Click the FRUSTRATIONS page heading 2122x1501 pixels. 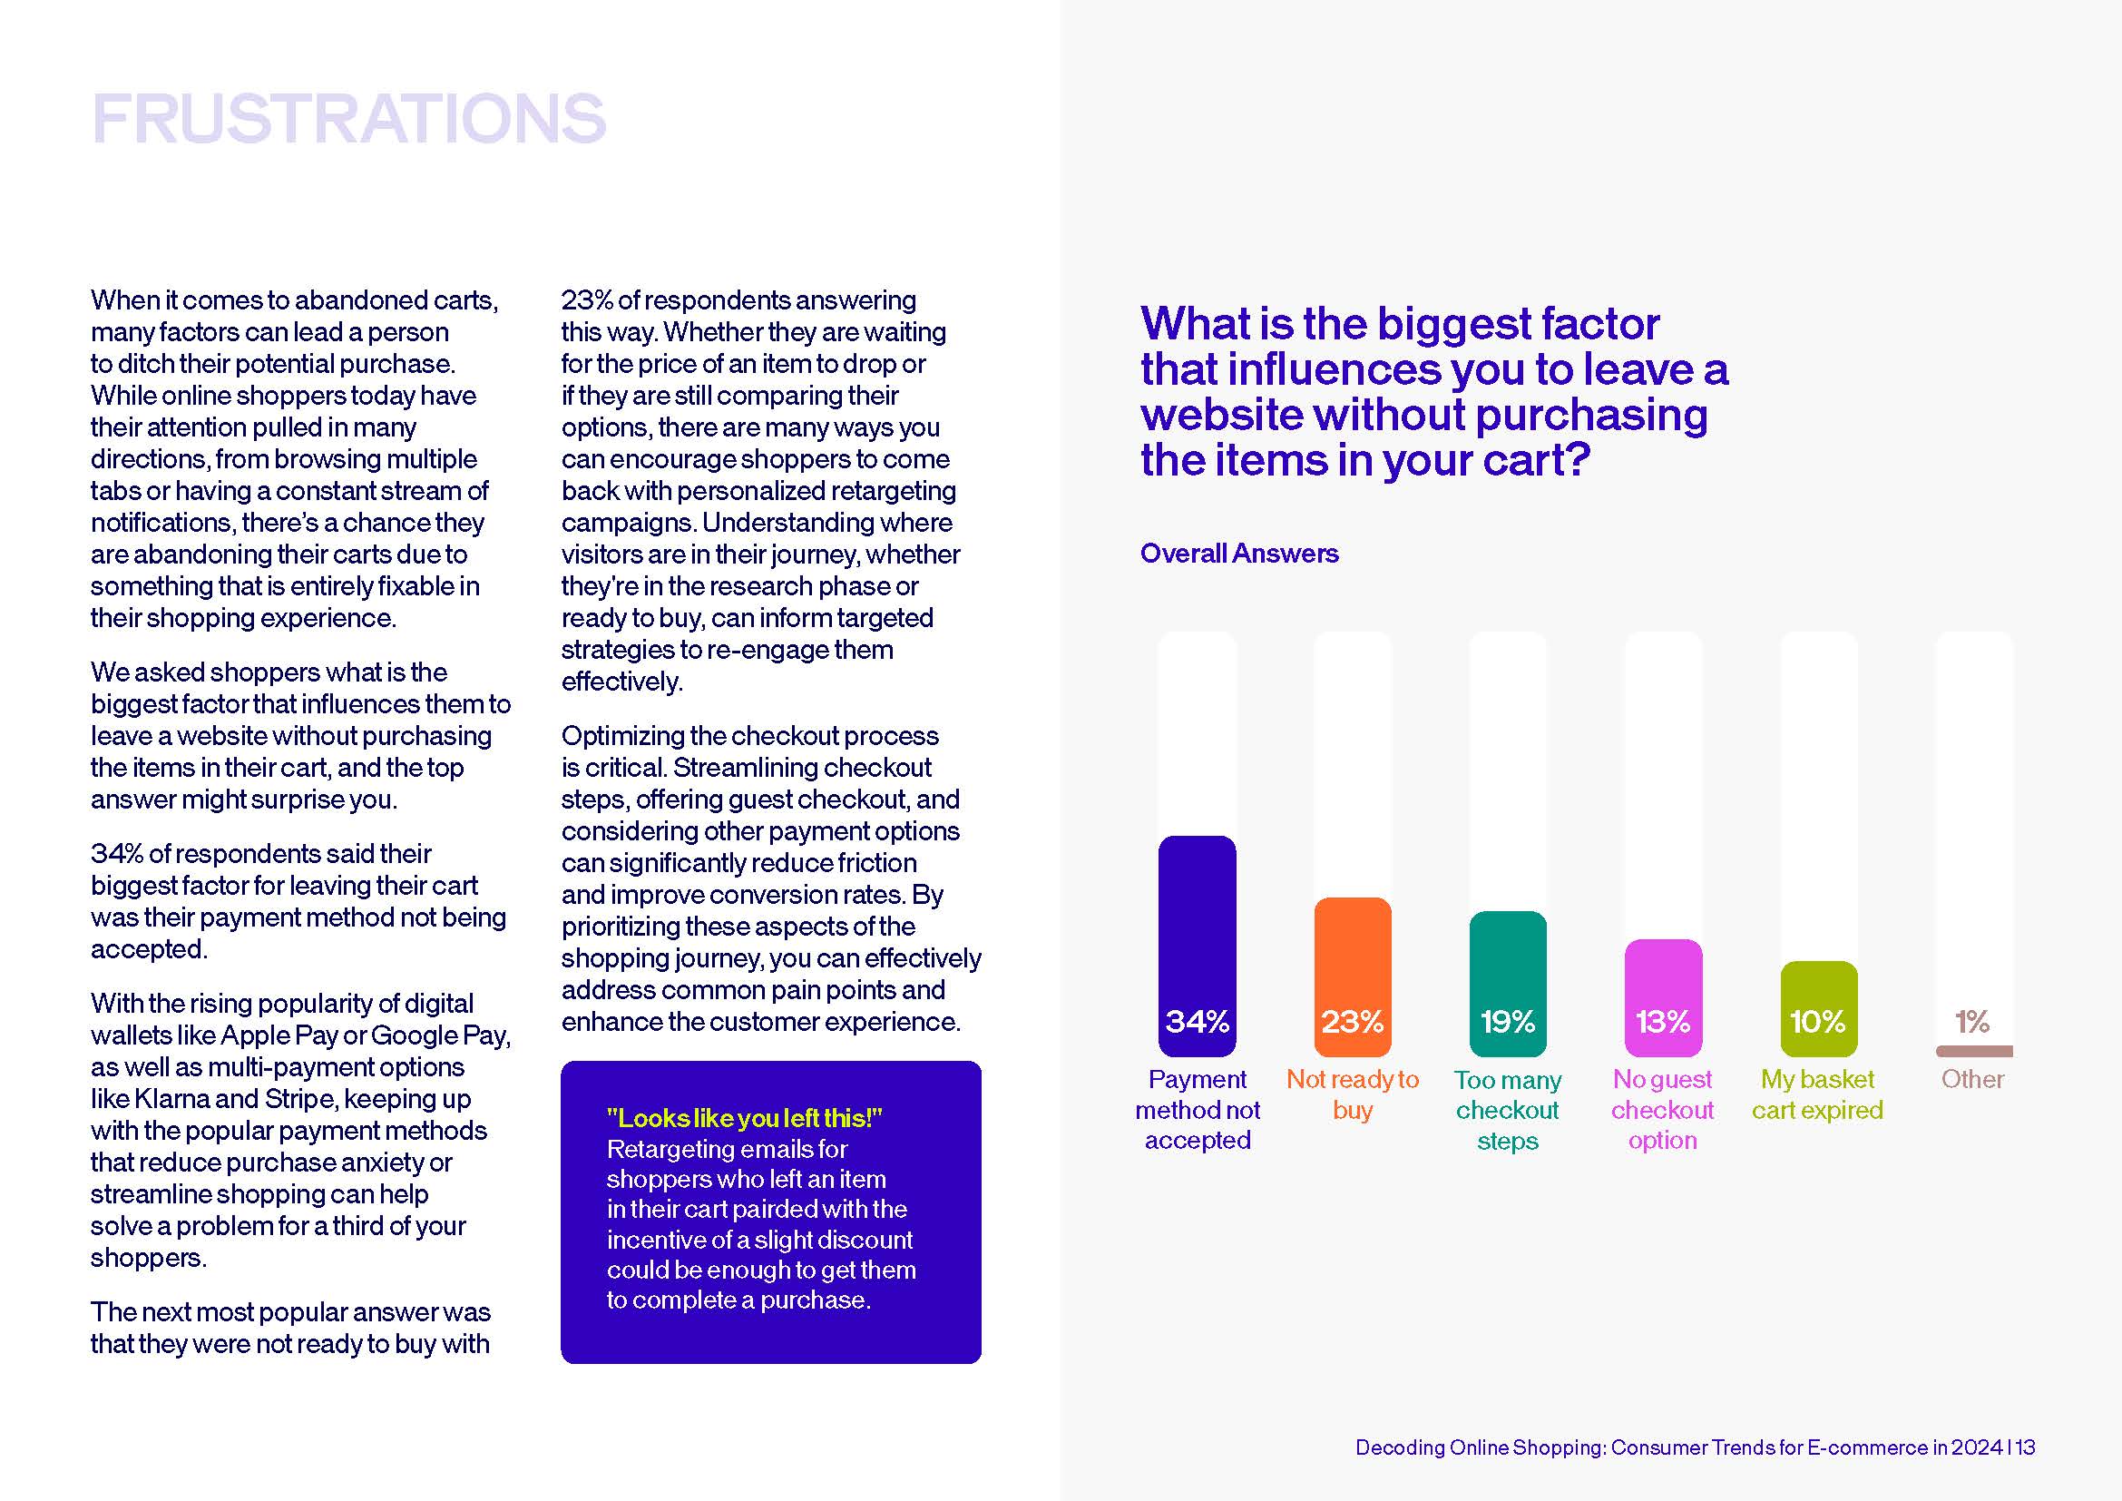(348, 118)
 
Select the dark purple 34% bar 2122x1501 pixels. (1197, 946)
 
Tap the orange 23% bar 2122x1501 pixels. (1352, 976)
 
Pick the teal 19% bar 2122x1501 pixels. (1508, 984)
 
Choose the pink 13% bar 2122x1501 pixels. (1663, 997)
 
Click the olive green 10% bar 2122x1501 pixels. (1819, 1008)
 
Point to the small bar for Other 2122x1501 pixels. (1974, 1051)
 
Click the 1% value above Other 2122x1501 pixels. (1972, 1021)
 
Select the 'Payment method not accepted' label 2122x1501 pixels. (1198, 1109)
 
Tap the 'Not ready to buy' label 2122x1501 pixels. (1352, 1094)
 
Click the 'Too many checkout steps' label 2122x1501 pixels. (1508, 1109)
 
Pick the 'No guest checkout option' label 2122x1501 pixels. (1663, 1109)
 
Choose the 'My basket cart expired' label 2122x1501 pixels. (1817, 1094)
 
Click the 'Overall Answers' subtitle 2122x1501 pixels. (1239, 553)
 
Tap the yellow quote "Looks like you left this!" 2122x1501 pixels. (745, 1118)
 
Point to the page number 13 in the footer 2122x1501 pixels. (2026, 1447)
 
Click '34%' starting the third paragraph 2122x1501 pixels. (116, 853)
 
